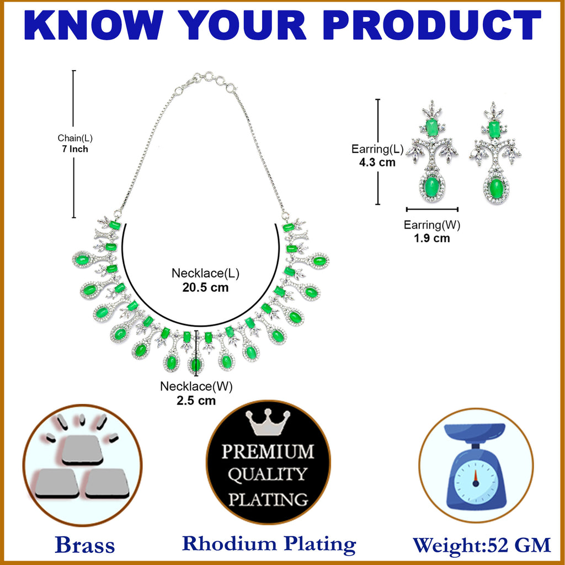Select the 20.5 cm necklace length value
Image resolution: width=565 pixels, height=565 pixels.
tap(205, 287)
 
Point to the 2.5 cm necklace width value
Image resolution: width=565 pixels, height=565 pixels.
tap(196, 401)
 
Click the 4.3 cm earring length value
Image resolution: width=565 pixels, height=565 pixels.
tap(377, 162)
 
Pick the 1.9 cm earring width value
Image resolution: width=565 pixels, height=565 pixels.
tap(431, 238)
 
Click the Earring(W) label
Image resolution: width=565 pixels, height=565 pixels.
tap(432, 225)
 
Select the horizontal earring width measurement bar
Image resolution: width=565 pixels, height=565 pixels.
tap(432, 209)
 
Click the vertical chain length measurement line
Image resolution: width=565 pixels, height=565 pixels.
tap(74, 143)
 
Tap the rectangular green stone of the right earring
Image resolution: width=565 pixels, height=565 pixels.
tap(494, 129)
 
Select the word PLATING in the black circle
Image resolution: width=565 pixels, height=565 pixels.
tap(268, 499)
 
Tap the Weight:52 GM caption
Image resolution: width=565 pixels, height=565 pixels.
tap(482, 545)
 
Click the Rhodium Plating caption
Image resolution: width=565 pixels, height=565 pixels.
tap(269, 544)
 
